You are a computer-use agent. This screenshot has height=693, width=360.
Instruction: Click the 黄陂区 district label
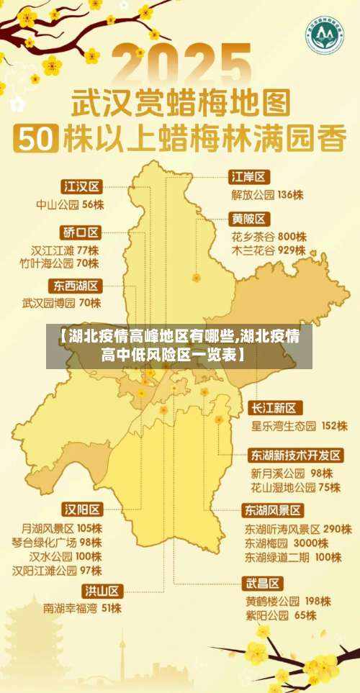pyautogui.click(x=249, y=219)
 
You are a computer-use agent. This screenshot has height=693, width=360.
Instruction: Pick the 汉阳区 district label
pyautogui.click(x=82, y=509)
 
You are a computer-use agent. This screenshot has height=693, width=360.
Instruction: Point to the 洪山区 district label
pyautogui.click(x=102, y=592)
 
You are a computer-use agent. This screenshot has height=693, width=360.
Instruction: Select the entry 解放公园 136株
pyautogui.click(x=267, y=194)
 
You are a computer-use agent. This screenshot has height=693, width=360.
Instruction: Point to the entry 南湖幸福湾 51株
pyautogui.click(x=82, y=609)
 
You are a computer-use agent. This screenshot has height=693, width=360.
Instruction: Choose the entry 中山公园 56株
pyautogui.click(x=70, y=205)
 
